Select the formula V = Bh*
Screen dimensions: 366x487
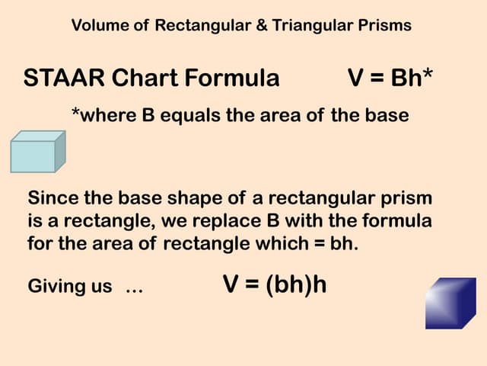pos(390,78)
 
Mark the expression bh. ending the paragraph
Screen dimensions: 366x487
pos(364,245)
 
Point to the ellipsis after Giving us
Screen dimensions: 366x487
pos(134,288)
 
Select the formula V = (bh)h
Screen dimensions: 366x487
pos(275,284)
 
